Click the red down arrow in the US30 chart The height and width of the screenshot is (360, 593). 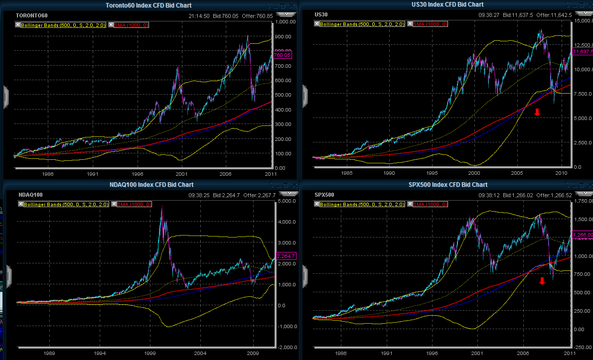[537, 112]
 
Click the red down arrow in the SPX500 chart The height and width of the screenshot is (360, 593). [542, 281]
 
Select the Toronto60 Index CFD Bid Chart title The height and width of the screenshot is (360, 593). [148, 5]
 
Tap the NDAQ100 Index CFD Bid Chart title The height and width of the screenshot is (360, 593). [148, 185]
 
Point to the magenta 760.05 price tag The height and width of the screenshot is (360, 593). [282, 55]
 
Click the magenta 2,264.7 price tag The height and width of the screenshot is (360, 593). [286, 256]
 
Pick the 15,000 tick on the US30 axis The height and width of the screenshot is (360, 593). [583, 21]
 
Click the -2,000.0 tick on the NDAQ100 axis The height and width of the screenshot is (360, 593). [287, 347]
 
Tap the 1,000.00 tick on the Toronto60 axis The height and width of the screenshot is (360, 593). [285, 22]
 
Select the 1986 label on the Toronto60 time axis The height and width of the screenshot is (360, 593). [48, 174]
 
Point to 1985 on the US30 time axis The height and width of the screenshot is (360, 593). [347, 173]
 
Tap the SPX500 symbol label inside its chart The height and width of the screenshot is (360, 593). [324, 194]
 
